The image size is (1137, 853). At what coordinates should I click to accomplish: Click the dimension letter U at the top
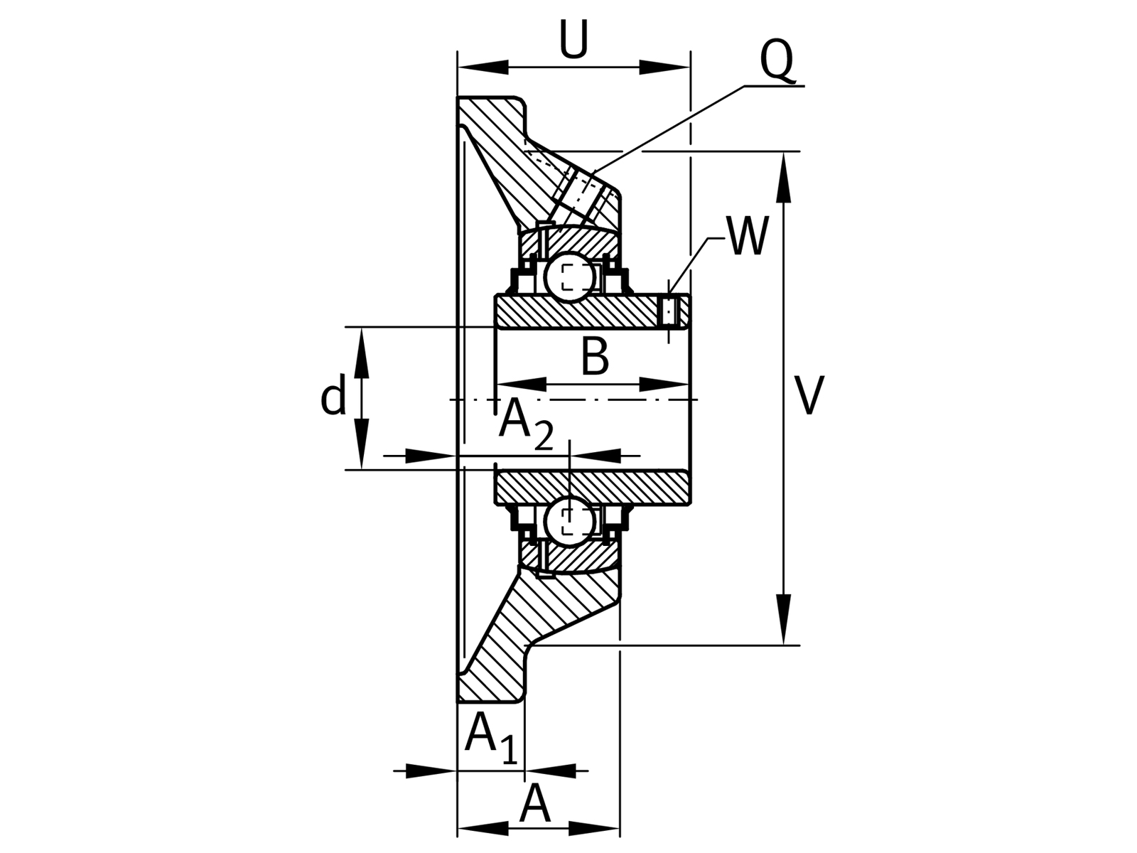tap(573, 39)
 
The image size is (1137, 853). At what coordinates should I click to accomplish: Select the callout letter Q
tap(776, 61)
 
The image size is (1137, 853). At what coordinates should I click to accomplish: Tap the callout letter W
tap(746, 236)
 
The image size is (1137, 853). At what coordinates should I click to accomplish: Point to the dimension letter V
tap(809, 396)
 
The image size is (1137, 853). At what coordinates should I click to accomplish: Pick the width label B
tap(594, 356)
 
